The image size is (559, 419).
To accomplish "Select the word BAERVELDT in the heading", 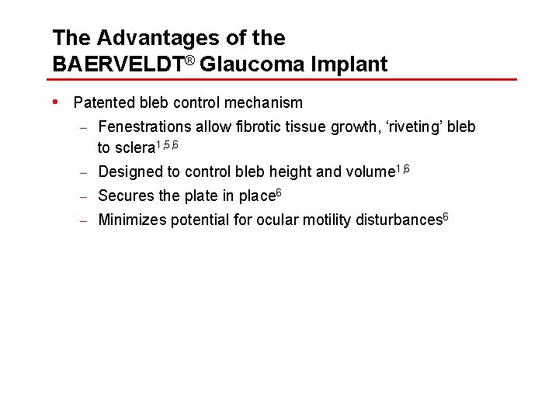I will [116, 64].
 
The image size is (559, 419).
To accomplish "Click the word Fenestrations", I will [144, 126].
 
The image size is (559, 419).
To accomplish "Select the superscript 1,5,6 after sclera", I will [168, 144].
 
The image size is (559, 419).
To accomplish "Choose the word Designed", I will [128, 172].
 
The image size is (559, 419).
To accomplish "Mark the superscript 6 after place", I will [279, 192].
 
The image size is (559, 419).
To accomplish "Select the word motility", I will [325, 220].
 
